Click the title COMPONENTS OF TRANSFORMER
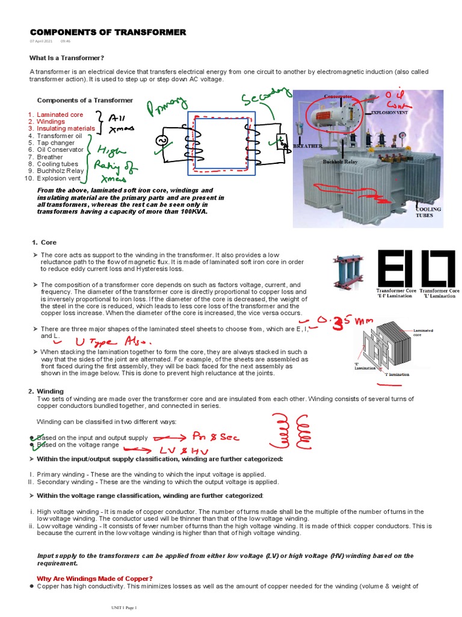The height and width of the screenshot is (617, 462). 108,32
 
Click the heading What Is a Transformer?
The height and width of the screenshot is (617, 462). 67,58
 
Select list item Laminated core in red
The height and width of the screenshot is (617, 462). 60,114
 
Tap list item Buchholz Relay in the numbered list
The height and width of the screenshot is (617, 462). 60,171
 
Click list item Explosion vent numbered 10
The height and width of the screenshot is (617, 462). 58,178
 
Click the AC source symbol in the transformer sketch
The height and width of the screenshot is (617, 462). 161,140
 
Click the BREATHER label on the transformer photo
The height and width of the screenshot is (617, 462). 307,146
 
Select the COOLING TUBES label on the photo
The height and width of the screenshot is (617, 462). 428,211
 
